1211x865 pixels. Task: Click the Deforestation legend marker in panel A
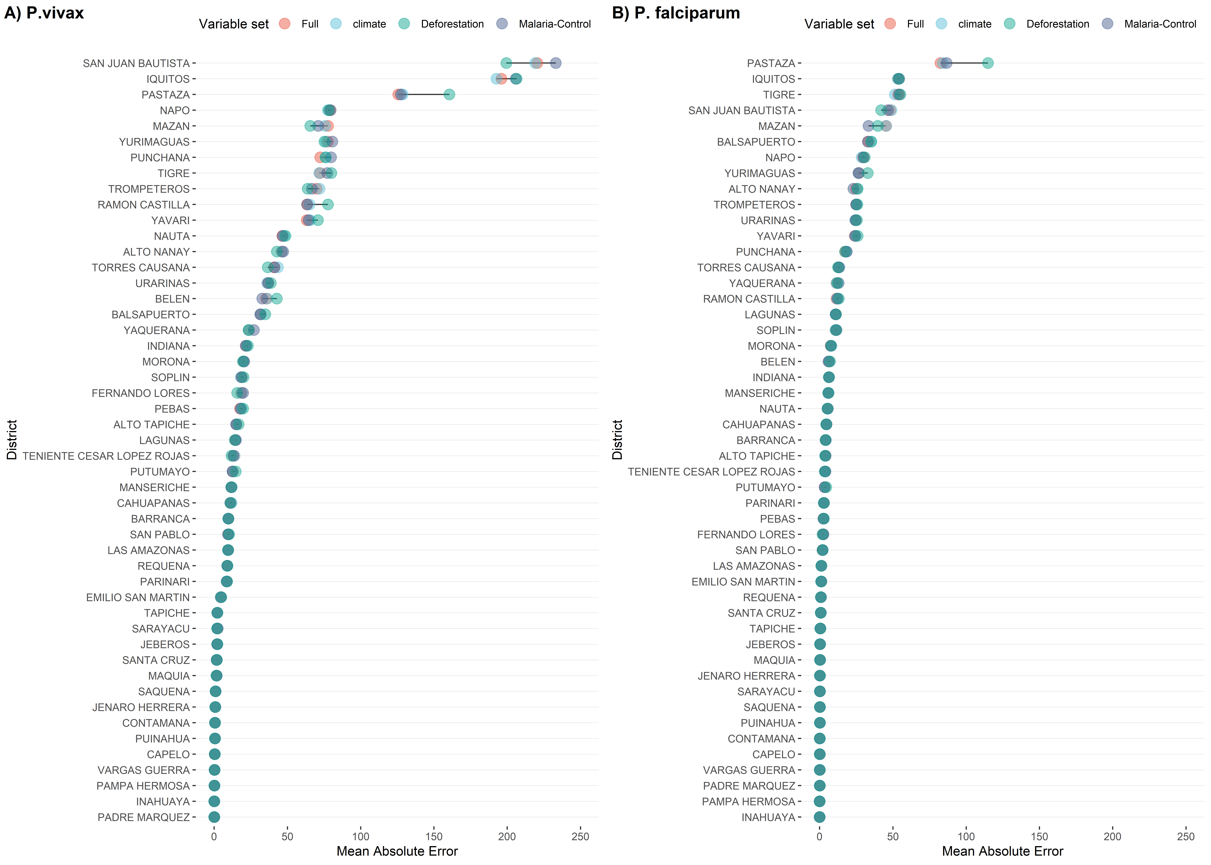404,23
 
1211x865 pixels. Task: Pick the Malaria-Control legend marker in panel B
1108,23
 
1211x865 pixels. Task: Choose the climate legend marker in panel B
942,23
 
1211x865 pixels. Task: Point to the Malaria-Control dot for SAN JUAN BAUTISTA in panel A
555,63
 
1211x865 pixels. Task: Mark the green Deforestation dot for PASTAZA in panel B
987,63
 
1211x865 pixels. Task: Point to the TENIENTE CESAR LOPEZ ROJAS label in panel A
106,456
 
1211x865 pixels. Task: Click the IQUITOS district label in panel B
773,79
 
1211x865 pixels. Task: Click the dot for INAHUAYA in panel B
820,817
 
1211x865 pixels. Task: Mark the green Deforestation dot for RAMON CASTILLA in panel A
328,205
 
